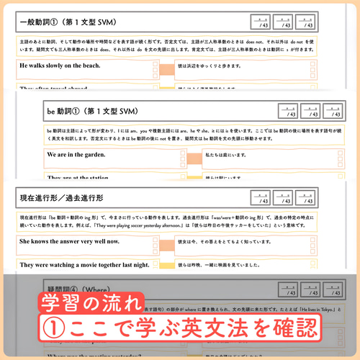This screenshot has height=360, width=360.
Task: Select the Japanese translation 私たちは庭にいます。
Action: [x=230, y=155]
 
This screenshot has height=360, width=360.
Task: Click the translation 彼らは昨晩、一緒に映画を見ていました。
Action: [x=231, y=265]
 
